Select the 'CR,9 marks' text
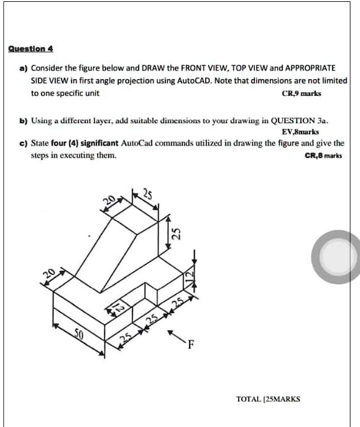coord(302,94)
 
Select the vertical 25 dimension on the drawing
coord(176,235)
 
